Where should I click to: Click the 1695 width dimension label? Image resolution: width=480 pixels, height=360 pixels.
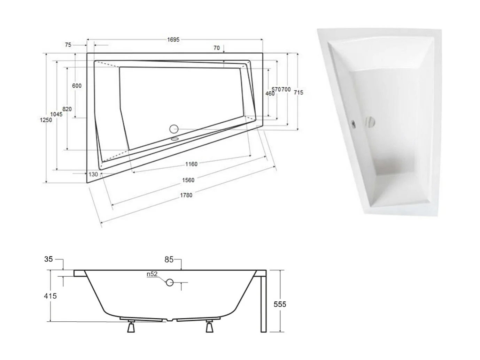click(173, 40)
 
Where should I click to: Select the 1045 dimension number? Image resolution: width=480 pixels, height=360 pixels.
click(56, 114)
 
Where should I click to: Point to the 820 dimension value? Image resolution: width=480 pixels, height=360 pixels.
click(67, 109)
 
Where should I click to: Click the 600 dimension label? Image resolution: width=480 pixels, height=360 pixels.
click(77, 86)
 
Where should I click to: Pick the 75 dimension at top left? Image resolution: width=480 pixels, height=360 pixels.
click(68, 45)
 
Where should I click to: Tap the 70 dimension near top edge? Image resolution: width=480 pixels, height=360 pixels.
click(216, 48)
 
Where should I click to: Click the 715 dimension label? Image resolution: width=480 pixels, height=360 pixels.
click(298, 92)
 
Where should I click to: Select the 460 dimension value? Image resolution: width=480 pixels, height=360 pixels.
click(270, 93)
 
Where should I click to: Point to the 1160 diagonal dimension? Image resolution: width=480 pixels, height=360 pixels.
click(191, 164)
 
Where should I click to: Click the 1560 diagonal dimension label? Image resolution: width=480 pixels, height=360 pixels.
click(188, 180)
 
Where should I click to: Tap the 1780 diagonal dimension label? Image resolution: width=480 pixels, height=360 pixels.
click(186, 195)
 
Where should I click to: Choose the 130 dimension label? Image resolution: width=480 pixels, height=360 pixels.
click(93, 175)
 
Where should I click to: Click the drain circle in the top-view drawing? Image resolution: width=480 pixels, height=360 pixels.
click(174, 129)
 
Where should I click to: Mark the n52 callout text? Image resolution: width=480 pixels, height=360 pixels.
click(152, 274)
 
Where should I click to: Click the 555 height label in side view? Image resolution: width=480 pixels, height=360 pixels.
click(280, 304)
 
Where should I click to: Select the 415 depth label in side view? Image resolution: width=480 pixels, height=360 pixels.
click(50, 296)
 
